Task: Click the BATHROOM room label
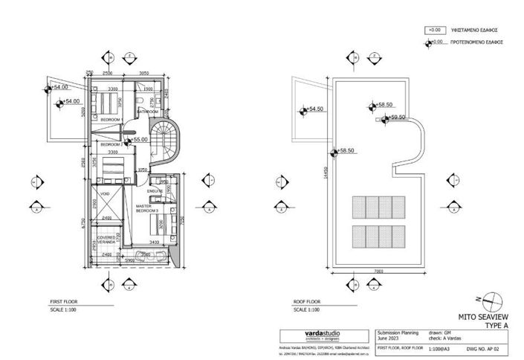click(146, 112)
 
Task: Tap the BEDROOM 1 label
click(111, 119)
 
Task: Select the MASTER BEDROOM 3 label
click(148, 209)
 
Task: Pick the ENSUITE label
click(154, 191)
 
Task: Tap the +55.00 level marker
click(140, 139)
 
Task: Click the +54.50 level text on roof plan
click(316, 109)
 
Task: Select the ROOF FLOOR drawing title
click(307, 302)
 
